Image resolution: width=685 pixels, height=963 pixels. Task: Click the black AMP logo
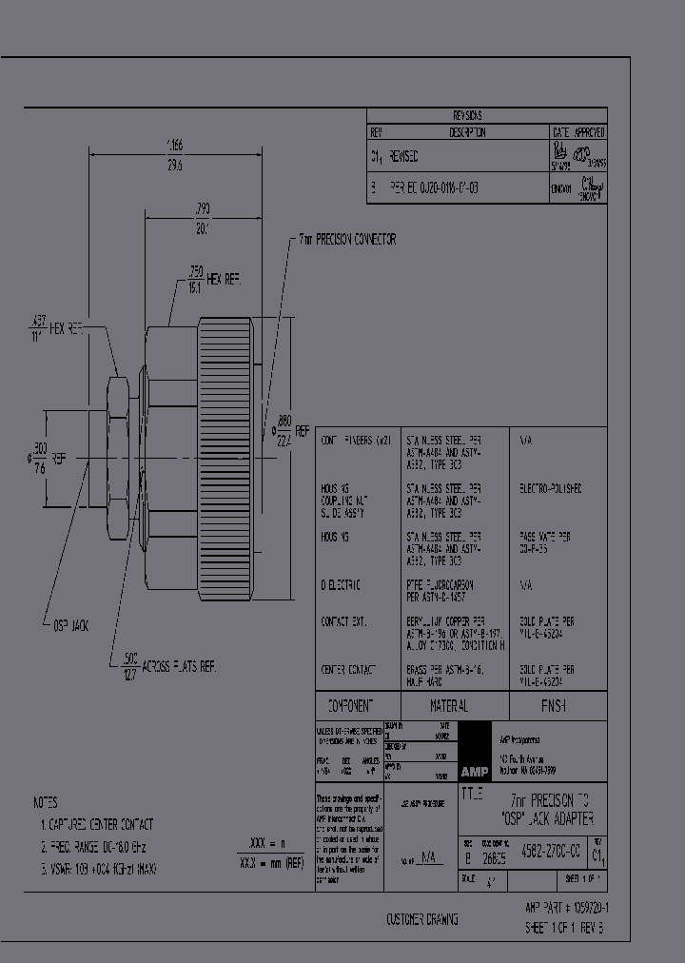pyautogui.click(x=473, y=771)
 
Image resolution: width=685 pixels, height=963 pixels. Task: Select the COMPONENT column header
pyautogui.click(x=350, y=705)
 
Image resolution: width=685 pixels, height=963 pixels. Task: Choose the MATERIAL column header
pyautogui.click(x=448, y=706)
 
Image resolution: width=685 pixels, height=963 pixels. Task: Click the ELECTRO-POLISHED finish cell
pyautogui.click(x=551, y=488)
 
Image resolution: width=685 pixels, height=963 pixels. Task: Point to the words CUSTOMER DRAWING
pyautogui.click(x=421, y=919)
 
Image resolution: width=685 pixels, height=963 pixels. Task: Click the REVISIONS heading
pyautogui.click(x=486, y=115)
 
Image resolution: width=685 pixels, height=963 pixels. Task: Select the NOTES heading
pyautogui.click(x=45, y=802)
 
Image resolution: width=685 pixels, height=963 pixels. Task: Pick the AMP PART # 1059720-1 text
pyautogui.click(x=568, y=908)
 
